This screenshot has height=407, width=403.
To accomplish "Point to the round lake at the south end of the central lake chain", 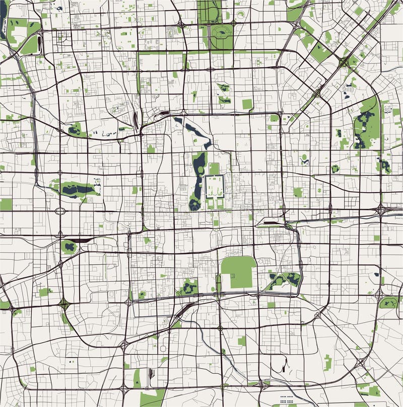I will tap(195, 204).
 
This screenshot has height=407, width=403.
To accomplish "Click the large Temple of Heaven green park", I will tap(238, 272).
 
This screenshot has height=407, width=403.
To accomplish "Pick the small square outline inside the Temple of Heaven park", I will tap(239, 272).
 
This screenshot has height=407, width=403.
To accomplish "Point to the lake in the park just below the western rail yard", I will tap(69, 247).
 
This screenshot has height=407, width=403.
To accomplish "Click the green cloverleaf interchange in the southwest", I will tap(64, 303).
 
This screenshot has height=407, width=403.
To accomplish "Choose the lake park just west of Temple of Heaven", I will tap(189, 287).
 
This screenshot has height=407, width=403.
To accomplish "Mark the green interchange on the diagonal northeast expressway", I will tap(344, 62).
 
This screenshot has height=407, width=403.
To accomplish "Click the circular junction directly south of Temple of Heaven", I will tap(220, 328).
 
